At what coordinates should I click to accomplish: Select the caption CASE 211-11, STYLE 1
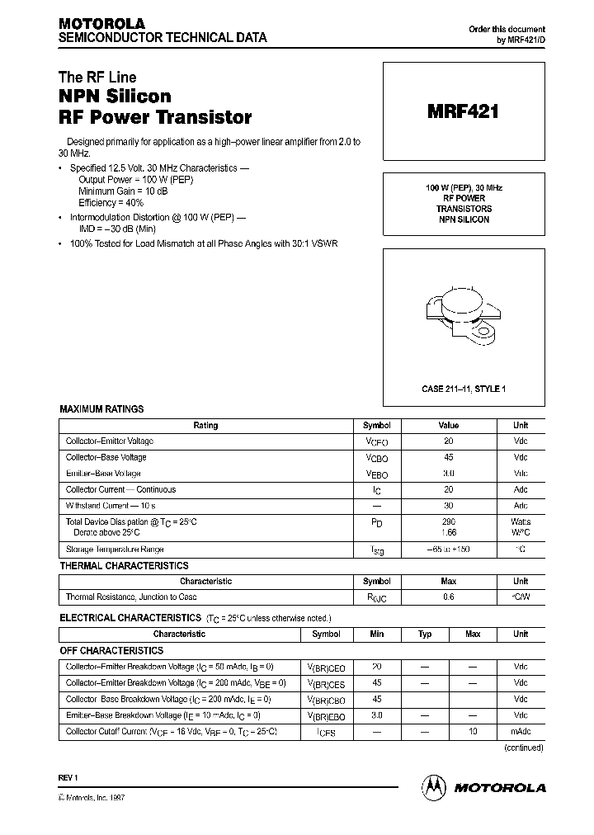point(463,389)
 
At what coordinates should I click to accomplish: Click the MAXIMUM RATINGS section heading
point(101,409)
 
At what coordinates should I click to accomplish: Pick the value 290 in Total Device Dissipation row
point(448,522)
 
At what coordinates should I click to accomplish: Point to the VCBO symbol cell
point(376,459)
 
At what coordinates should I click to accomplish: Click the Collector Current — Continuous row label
point(120,490)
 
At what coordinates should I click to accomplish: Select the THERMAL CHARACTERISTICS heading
point(124,566)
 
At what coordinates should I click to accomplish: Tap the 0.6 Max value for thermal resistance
point(448,597)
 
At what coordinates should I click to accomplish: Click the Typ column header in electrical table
point(425,635)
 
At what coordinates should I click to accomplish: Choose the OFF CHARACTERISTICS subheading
point(111,651)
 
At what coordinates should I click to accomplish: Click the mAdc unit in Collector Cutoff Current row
point(521,732)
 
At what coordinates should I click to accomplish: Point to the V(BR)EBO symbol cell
point(327,716)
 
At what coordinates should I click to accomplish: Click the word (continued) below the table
point(523,748)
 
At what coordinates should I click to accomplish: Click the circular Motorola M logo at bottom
point(434,787)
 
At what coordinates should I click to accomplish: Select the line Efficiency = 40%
point(111,202)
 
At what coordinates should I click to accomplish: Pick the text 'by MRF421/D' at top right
point(520,40)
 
